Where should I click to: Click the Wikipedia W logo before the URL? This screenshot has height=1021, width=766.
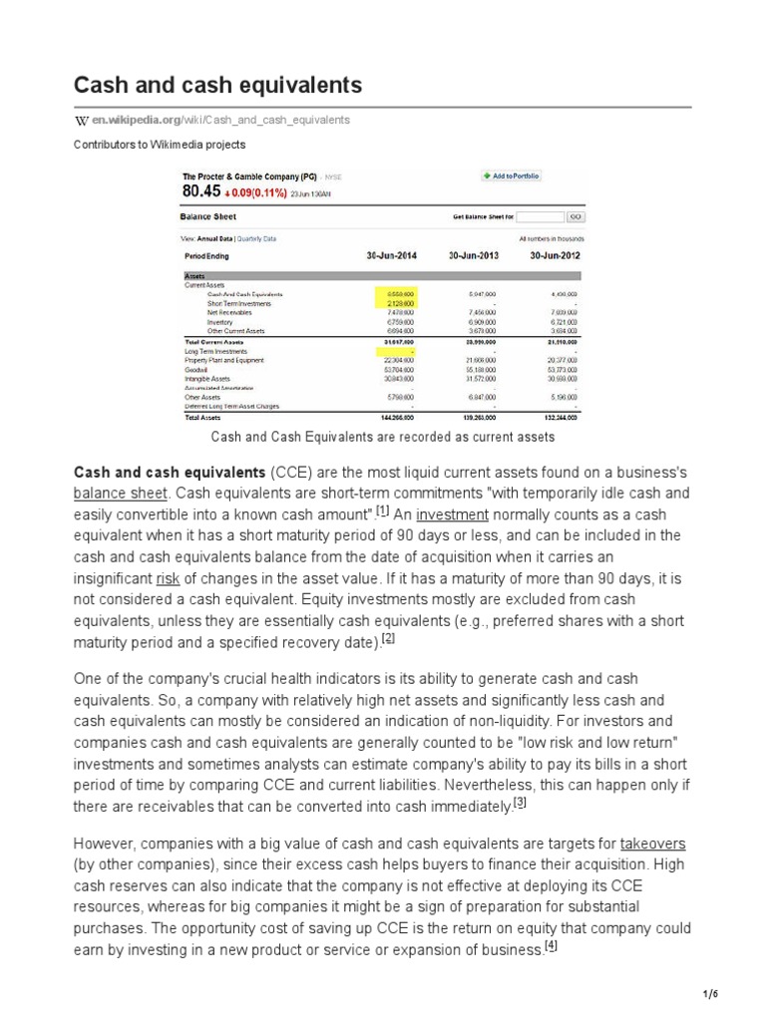coord(82,120)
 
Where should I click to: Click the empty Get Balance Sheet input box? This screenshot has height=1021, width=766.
coord(539,216)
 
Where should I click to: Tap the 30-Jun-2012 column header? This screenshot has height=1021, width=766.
coord(556,255)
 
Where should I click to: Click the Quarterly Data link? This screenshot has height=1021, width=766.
coord(256,239)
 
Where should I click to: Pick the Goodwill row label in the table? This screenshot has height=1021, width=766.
coord(196,369)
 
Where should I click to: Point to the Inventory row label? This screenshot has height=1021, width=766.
coord(219,322)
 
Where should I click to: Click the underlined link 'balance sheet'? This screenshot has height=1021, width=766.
coord(113,494)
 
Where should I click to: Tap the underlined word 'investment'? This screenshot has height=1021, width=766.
coord(452,514)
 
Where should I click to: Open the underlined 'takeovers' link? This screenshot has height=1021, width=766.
coord(652,844)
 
